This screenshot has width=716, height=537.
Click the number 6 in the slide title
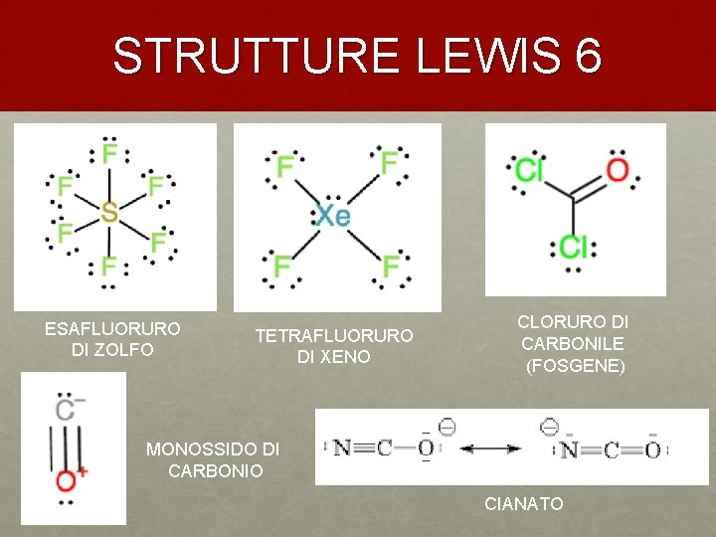tap(587, 56)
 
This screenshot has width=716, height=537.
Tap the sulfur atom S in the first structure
tap(109, 212)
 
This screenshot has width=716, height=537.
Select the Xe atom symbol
tap(332, 215)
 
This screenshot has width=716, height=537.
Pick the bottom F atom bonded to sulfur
tap(108, 267)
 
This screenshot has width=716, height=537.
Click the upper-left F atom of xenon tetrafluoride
tap(285, 165)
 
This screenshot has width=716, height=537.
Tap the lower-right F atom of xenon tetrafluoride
tap(391, 266)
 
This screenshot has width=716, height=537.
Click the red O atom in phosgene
tap(618, 170)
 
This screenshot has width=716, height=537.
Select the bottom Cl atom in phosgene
tap(574, 246)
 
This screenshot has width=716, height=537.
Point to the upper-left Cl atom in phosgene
tap(529, 170)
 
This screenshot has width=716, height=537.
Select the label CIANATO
tap(524, 504)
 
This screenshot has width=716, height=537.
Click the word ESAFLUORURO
tap(112, 328)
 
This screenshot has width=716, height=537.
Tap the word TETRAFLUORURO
tap(333, 336)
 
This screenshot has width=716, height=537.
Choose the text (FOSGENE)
tap(576, 366)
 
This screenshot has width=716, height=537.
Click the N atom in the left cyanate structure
tap(341, 448)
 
